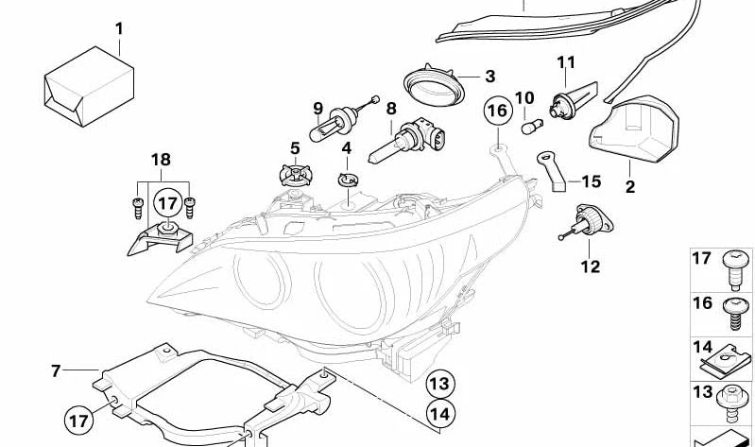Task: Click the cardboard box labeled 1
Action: click(x=86, y=87)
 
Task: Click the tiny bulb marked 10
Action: click(x=529, y=128)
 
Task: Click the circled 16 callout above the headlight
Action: click(x=497, y=112)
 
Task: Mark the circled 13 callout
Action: click(x=439, y=384)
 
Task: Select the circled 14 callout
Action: click(x=439, y=412)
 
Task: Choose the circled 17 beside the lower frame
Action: click(x=80, y=415)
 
